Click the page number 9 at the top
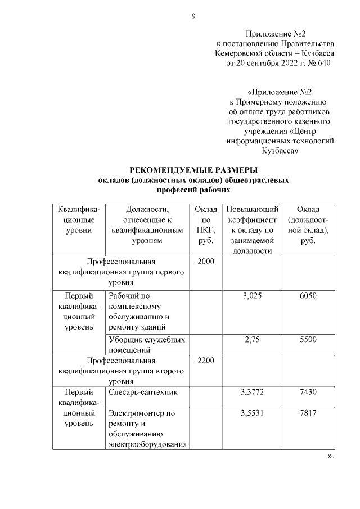(x=193, y=16)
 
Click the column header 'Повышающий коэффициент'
(x=252, y=230)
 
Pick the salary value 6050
(x=308, y=295)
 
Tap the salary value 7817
(x=308, y=413)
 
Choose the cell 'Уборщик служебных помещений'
(x=146, y=344)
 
